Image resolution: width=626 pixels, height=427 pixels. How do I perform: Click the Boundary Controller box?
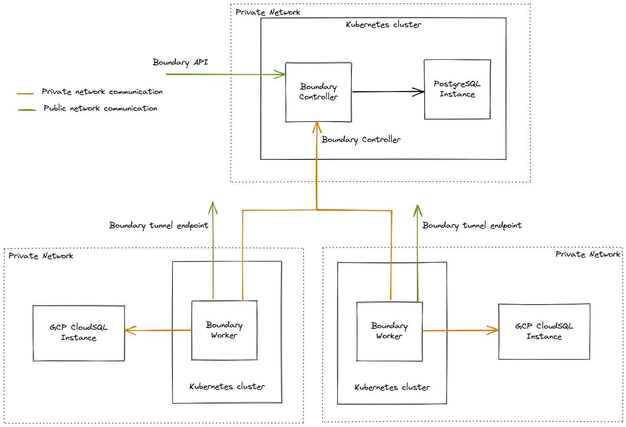(x=318, y=92)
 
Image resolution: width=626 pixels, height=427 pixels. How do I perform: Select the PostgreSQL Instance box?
(x=457, y=89)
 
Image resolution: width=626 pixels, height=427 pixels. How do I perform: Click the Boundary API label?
(x=180, y=62)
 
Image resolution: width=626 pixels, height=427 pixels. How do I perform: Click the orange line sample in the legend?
(x=25, y=94)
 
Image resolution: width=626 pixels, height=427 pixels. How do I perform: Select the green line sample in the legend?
(x=27, y=110)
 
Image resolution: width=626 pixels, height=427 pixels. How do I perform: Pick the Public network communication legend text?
(x=100, y=108)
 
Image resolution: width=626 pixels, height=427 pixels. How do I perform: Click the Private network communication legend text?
(x=102, y=92)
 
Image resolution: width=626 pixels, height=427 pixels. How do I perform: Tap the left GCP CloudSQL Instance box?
(x=79, y=333)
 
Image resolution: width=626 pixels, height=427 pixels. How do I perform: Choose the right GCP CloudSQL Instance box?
(x=544, y=331)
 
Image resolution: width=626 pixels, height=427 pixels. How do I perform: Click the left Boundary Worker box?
(x=224, y=330)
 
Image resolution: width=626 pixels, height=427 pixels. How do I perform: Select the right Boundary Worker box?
(x=389, y=331)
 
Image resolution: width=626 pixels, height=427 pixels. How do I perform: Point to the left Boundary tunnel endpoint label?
(x=159, y=225)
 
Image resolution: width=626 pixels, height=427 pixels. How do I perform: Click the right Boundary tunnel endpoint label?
(x=472, y=225)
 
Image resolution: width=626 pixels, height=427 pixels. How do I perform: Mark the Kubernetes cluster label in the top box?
(x=383, y=25)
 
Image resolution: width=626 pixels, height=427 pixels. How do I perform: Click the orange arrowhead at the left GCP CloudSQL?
(x=129, y=330)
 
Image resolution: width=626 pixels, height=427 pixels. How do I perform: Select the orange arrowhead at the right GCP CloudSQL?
(x=494, y=330)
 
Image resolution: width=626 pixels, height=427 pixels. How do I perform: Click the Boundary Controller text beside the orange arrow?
(x=361, y=139)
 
